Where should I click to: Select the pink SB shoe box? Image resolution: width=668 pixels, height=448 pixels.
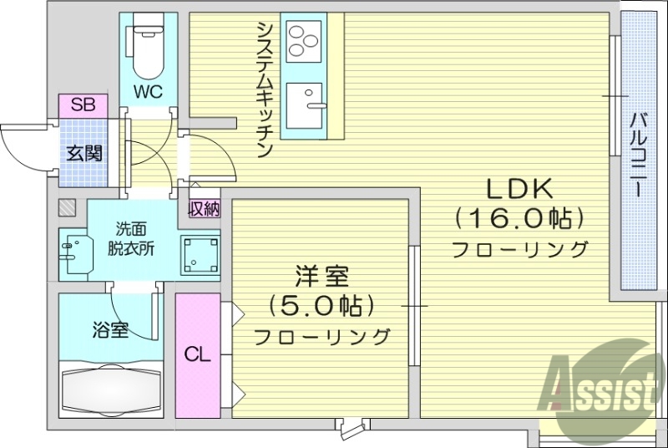coord(83,105)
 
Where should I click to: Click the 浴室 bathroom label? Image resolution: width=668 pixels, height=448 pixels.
coord(109,329)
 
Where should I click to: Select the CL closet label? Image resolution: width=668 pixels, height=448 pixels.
coord(197,354)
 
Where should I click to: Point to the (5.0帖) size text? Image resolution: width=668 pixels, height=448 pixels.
coord(321,306)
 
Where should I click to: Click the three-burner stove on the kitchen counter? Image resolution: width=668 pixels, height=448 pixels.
coord(303,38)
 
